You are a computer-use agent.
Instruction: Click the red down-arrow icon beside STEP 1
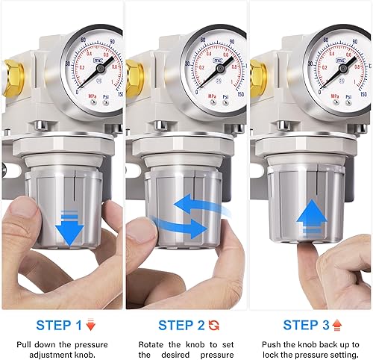point(90,325)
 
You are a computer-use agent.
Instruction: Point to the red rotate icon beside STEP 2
point(214,325)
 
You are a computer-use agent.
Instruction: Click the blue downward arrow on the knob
point(69,229)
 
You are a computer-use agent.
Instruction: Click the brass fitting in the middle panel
point(135,75)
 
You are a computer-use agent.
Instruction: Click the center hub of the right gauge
point(342,69)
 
